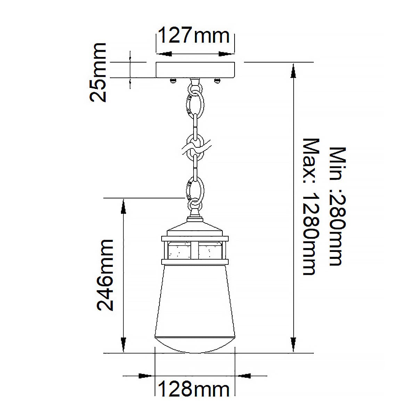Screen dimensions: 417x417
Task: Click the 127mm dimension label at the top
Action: click(194, 36)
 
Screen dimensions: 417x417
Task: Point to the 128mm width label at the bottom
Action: click(194, 390)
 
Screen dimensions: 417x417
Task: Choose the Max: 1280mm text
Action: click(311, 207)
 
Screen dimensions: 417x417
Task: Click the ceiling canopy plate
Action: click(195, 70)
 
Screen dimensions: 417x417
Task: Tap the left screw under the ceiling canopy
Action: click(172, 81)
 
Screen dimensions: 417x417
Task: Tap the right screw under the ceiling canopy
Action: click(218, 81)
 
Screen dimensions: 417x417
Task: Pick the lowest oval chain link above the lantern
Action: click(196, 190)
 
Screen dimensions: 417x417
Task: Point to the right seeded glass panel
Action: click(211, 250)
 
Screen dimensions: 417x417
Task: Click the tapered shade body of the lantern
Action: click(195, 299)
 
